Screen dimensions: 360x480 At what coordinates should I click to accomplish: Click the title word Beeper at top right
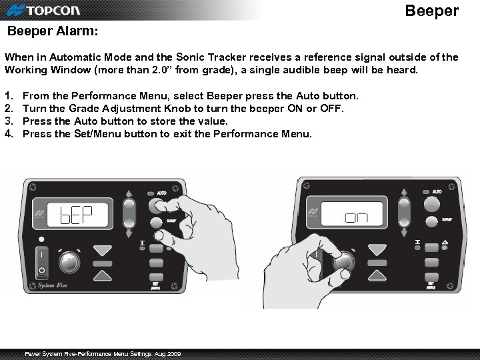pyautogui.click(x=432, y=11)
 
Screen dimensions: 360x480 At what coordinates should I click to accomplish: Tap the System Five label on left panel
pyautogui.click(x=47, y=285)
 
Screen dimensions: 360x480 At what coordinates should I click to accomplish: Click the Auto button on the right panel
pyautogui.click(x=431, y=204)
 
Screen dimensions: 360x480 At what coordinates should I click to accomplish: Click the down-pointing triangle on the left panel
pyautogui.click(x=103, y=251)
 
